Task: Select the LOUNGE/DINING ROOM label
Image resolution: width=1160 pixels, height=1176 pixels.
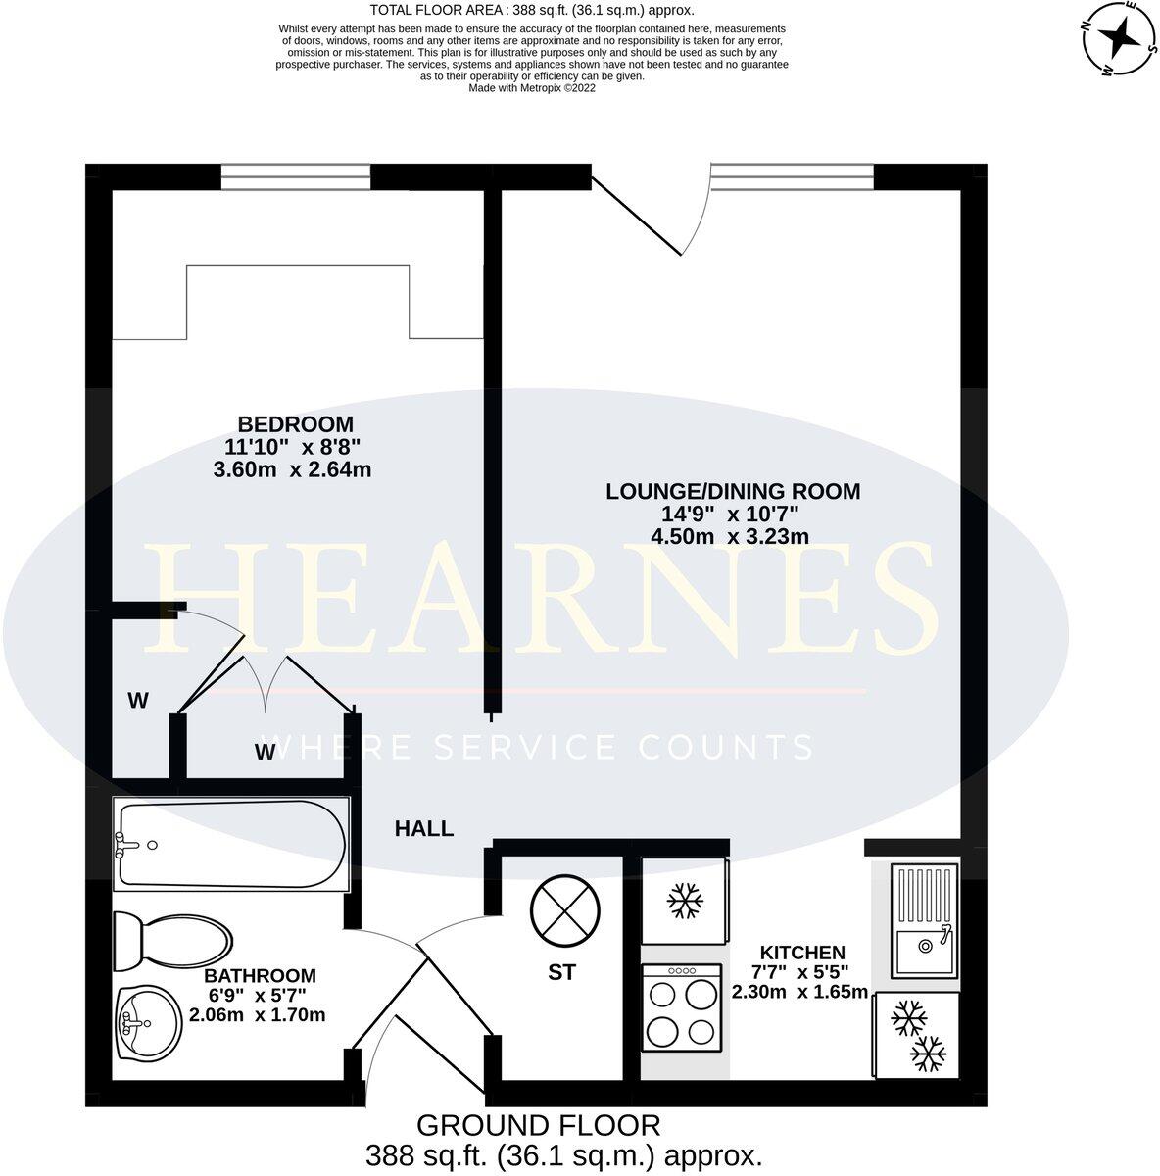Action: click(x=732, y=491)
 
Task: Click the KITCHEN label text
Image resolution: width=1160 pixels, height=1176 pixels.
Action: click(x=802, y=952)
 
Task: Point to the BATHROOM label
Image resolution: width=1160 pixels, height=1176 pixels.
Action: click(x=260, y=975)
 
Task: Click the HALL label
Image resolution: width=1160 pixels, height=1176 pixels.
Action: click(x=423, y=828)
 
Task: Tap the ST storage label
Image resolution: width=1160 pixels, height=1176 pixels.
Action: click(x=561, y=973)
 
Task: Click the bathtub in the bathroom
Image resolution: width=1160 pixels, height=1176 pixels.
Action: click(x=231, y=842)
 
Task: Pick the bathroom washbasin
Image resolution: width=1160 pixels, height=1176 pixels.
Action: click(x=146, y=1022)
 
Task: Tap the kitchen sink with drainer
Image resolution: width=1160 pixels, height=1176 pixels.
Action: click(x=924, y=921)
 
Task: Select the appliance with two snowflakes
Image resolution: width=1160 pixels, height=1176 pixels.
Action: click(x=916, y=1036)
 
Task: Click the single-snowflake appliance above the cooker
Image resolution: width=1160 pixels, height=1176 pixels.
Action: click(x=683, y=902)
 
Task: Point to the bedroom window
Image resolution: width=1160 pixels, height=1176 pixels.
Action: click(x=295, y=176)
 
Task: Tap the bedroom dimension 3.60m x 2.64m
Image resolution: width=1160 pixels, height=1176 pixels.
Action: click(x=292, y=469)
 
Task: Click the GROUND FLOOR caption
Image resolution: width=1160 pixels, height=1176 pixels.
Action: click(x=538, y=1124)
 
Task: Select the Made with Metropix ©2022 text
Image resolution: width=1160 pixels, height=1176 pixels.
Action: click(x=532, y=87)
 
